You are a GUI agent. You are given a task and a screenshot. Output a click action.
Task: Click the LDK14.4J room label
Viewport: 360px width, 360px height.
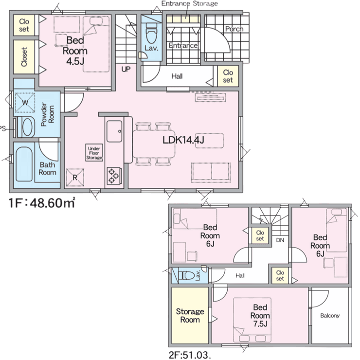[183, 140]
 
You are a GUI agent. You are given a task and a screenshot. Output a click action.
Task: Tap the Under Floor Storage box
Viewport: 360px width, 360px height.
[94, 153]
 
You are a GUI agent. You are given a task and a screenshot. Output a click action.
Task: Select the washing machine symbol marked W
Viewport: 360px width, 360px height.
[25, 102]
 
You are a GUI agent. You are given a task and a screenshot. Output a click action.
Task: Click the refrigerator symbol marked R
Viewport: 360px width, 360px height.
[75, 178]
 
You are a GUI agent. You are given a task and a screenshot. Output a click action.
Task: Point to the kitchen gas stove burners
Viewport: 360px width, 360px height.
[113, 176]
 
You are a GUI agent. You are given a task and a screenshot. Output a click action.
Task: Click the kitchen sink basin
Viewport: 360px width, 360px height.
[114, 131]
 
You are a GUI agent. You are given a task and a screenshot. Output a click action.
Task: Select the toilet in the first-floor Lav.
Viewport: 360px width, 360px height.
[151, 35]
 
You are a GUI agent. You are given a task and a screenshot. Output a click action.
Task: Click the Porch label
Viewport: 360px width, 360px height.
[234, 29]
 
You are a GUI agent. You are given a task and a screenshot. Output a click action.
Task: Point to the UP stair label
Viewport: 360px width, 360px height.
[126, 69]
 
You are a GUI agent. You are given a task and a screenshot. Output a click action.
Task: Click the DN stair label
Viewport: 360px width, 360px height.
[280, 240]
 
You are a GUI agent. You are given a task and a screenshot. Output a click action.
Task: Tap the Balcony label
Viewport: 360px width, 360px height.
[330, 316]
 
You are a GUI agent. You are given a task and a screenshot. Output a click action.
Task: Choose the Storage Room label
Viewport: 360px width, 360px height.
[190, 315]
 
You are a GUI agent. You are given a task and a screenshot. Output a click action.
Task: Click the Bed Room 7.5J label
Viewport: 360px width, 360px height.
[260, 315]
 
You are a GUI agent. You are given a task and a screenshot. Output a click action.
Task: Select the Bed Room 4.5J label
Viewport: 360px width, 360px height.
[75, 51]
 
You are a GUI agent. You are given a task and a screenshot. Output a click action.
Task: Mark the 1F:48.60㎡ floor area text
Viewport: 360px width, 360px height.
[41, 203]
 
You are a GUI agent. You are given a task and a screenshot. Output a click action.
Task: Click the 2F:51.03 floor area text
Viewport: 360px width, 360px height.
[190, 355]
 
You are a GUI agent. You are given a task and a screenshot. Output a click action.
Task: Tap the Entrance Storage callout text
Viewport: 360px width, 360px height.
[190, 3]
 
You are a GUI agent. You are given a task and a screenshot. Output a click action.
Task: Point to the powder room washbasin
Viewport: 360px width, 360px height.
[27, 127]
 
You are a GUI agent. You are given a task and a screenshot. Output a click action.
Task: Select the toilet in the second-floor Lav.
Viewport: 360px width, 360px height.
[186, 275]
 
